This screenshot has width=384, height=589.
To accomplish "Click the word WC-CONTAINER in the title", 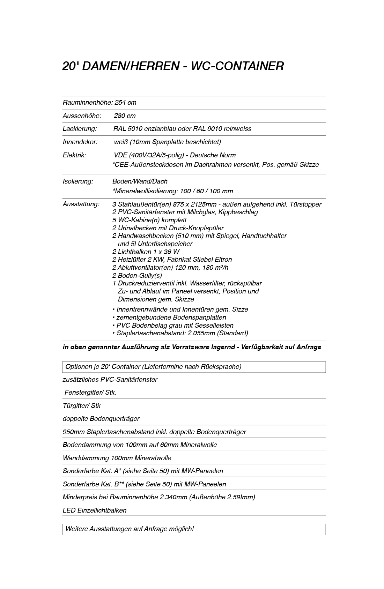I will [237, 66].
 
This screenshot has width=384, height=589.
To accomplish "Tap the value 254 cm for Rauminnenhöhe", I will [125, 103].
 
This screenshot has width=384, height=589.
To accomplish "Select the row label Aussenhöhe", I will [82, 116].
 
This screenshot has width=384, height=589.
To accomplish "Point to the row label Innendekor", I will [80, 142].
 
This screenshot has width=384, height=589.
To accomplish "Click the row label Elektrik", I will [74, 155].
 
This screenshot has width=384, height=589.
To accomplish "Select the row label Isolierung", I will [78, 181].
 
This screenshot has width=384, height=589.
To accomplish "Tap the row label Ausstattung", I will [81, 204].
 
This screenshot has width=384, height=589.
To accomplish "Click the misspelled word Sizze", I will [240, 310].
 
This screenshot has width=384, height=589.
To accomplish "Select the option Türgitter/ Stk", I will [82, 406].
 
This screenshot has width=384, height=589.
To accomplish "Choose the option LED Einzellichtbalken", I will [95, 510].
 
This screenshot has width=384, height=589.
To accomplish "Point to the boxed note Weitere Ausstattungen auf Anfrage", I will [129, 529].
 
